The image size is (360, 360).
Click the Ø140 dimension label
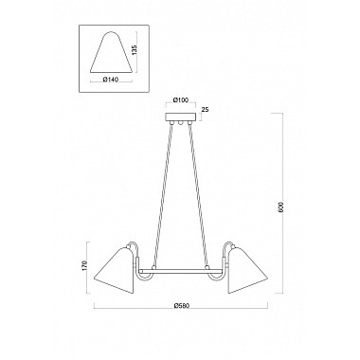(x=111, y=80)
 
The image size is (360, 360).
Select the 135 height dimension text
(x=134, y=51)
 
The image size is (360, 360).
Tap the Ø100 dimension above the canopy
(x=181, y=100)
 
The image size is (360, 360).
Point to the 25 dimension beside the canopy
(x=205, y=109)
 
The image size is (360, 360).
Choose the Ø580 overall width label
(x=181, y=306)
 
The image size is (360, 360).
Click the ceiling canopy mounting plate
(x=181, y=117)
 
